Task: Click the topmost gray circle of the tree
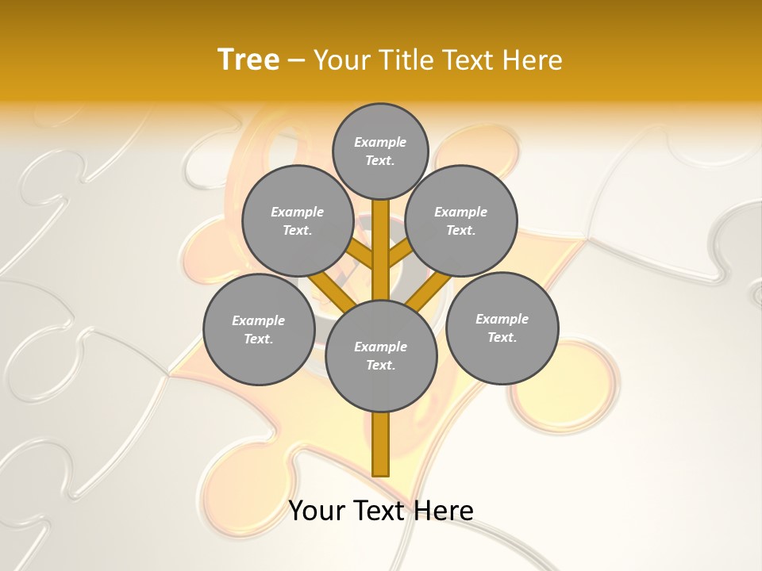click(x=380, y=151)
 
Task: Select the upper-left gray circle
click(x=298, y=221)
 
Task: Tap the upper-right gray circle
click(x=461, y=221)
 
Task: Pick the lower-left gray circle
click(x=259, y=329)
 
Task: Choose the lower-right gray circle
click(x=502, y=328)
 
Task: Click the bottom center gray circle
click(x=381, y=355)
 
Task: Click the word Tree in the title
click(x=248, y=59)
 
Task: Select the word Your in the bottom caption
click(x=317, y=510)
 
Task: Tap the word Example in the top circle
click(x=380, y=142)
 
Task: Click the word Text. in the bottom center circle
click(x=380, y=365)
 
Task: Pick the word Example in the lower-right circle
click(x=502, y=319)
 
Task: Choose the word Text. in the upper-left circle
click(x=298, y=230)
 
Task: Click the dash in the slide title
click(x=296, y=60)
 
